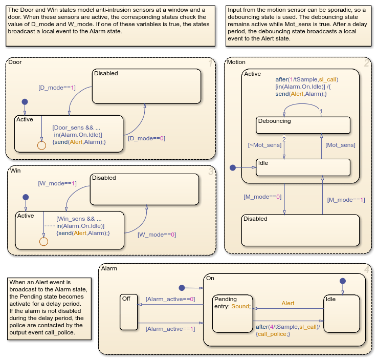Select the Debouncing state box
[x=303, y=125]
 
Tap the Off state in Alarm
[x=128, y=312]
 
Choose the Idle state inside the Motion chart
[x=303, y=167]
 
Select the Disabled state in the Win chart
[x=144, y=189]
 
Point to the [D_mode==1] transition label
[x=57, y=88]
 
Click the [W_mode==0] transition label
[x=157, y=235]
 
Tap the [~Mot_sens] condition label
[x=264, y=145]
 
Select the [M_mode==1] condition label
[x=346, y=200]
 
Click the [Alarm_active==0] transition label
[x=170, y=299]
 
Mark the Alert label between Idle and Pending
[x=288, y=303]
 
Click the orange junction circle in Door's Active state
[x=42, y=145]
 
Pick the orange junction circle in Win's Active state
[x=43, y=241]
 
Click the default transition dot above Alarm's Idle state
[x=343, y=281]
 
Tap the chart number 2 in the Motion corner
[x=366, y=63]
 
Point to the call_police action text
[x=274, y=334]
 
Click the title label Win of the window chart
[x=15, y=171]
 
